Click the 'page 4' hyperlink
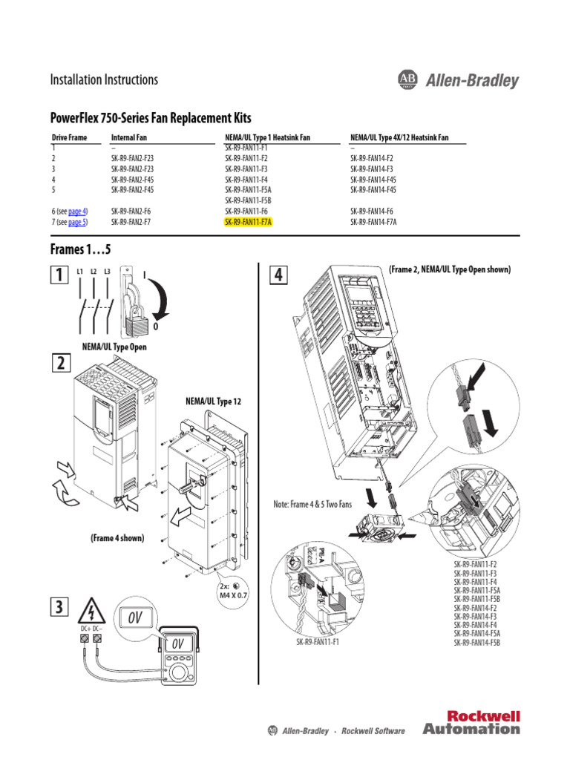78,211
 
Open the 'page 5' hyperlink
78,221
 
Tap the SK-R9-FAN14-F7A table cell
373,221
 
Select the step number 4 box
277,276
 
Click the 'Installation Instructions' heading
104,79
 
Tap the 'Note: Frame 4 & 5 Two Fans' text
320,505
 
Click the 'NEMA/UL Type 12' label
213,402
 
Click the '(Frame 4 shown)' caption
117,537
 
